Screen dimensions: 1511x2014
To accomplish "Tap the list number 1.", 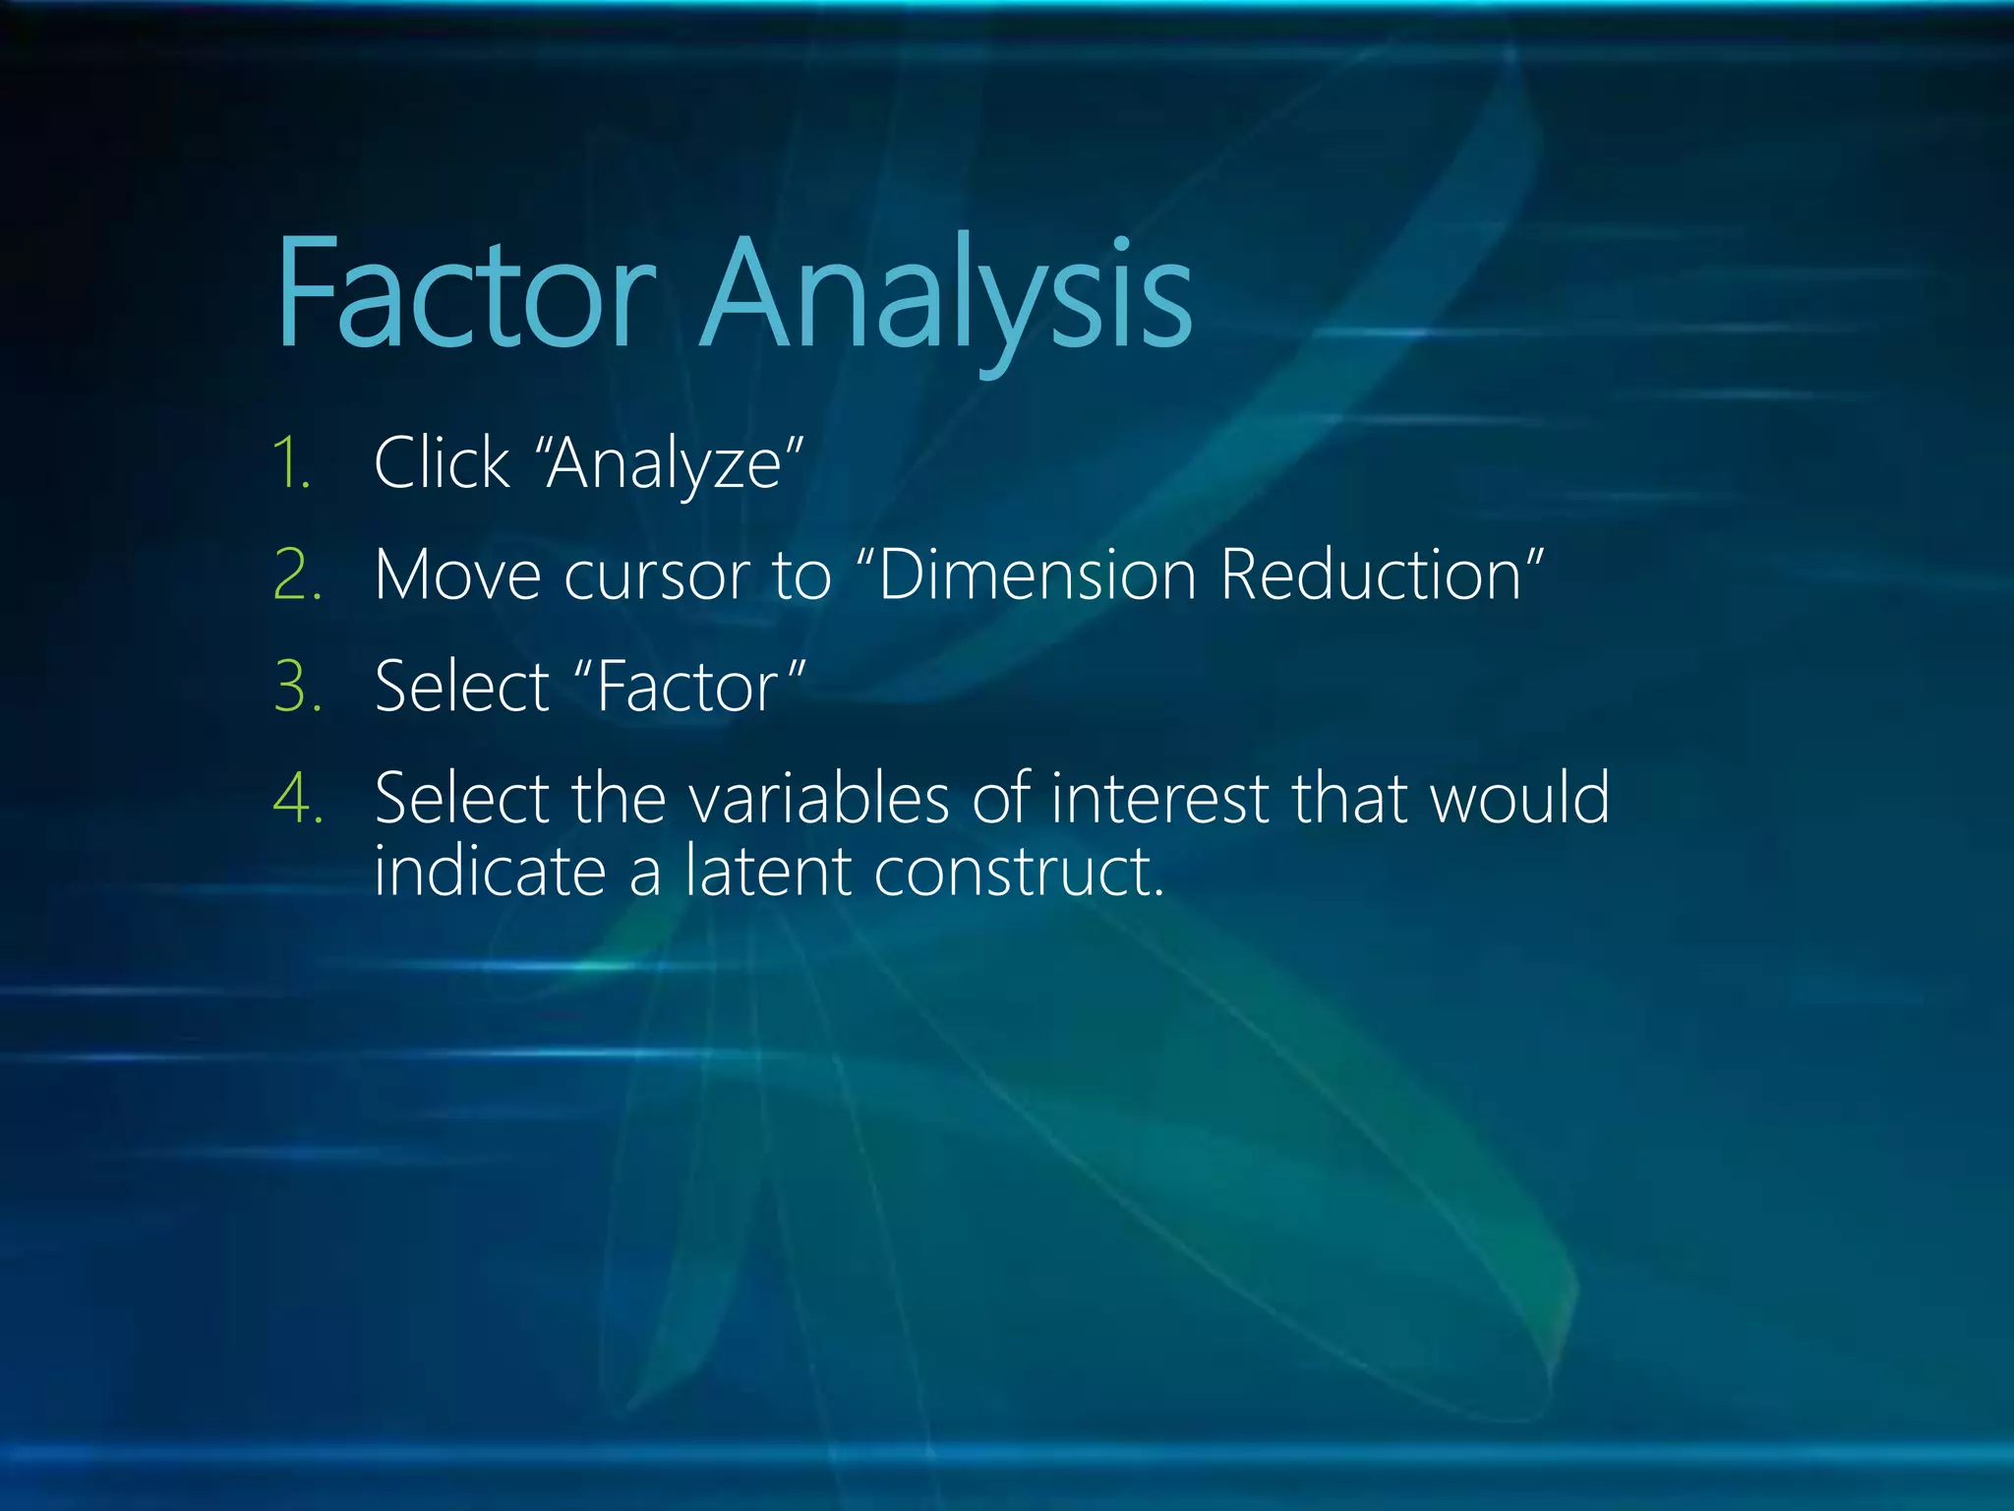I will tap(292, 463).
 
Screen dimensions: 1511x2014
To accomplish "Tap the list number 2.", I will tap(297, 575).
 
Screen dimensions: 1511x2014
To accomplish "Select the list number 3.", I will tap(297, 687).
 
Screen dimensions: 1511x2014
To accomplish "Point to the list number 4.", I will tap(297, 798).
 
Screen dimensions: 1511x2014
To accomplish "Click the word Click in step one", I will tap(442, 463).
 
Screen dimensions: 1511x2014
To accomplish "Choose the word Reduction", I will tap(1371, 575).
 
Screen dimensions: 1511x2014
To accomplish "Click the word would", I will tap(1519, 798).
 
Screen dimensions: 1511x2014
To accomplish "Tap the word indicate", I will tap(490, 872).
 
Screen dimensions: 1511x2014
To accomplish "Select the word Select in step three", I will tap(462, 687).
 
